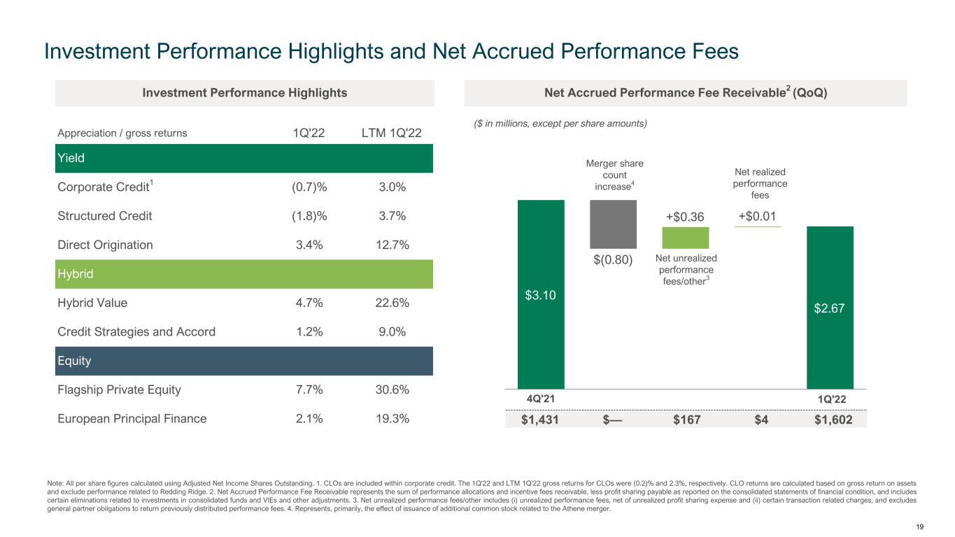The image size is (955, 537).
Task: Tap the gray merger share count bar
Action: pos(613,224)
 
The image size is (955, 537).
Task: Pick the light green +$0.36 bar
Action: pos(686,238)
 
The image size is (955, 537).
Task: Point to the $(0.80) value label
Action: pos(613,260)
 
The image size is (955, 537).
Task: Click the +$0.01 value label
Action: pos(758,217)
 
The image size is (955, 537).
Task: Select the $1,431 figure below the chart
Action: pos(541,420)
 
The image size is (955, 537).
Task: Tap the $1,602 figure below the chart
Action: pos(830,420)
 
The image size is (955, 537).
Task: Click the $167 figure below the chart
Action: pos(686,420)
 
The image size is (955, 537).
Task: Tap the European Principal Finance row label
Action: pos(132,419)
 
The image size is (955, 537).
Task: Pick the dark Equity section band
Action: pos(244,361)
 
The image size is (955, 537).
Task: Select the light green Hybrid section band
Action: pos(244,274)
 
